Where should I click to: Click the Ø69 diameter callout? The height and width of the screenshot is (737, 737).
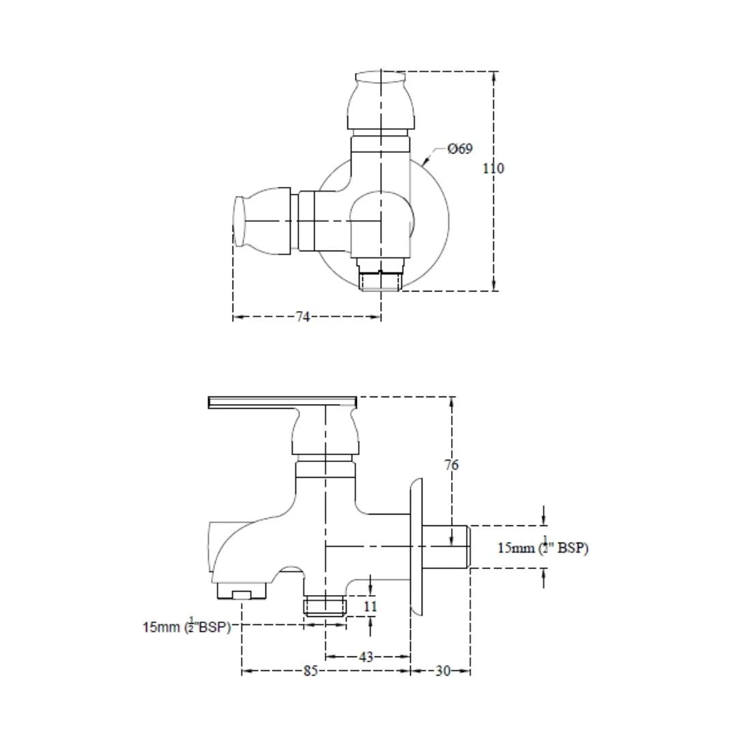[x=460, y=149]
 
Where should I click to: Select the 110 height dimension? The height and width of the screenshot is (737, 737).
[x=493, y=168]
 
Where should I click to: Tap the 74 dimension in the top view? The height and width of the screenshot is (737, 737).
[x=303, y=317]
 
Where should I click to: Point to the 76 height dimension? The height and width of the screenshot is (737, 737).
[x=452, y=465]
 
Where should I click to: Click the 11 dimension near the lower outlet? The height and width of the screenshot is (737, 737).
[x=371, y=606]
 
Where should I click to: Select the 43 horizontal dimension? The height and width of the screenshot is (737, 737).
[x=366, y=657]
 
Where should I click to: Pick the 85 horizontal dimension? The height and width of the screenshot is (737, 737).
[x=310, y=671]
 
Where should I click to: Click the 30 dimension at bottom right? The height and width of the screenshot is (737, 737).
[x=443, y=671]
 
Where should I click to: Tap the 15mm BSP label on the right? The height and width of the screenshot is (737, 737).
[x=543, y=547]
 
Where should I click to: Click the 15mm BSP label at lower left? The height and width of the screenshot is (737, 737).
[x=186, y=627]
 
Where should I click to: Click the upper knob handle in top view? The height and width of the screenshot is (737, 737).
[x=381, y=99]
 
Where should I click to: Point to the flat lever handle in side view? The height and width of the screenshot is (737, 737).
[x=283, y=402]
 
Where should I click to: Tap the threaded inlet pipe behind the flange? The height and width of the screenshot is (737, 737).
[x=447, y=547]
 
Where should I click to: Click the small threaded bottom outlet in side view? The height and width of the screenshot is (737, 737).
[x=326, y=605]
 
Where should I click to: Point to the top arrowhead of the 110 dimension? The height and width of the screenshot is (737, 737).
[x=493, y=75]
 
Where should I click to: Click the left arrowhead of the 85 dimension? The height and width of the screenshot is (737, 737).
[x=245, y=671]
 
